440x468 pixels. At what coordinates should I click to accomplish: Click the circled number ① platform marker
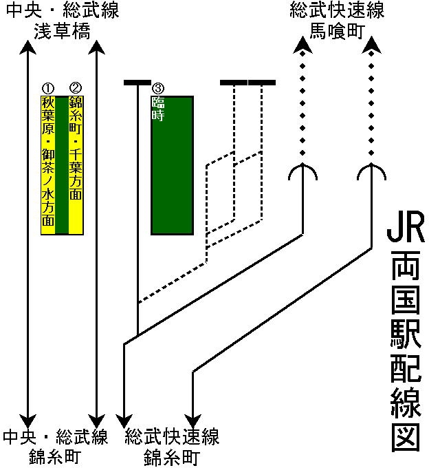click(47, 89)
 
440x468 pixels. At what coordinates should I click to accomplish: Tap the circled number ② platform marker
click(76, 89)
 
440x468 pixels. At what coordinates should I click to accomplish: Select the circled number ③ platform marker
click(158, 89)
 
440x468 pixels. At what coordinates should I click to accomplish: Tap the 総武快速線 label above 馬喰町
click(337, 11)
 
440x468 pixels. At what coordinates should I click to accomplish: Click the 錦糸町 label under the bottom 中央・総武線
click(55, 456)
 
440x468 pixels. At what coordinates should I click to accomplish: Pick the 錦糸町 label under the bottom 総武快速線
click(172, 456)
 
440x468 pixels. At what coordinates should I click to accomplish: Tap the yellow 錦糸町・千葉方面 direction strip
click(76, 155)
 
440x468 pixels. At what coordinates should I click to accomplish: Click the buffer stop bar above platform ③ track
click(137, 83)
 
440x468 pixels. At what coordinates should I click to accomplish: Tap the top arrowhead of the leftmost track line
click(27, 47)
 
